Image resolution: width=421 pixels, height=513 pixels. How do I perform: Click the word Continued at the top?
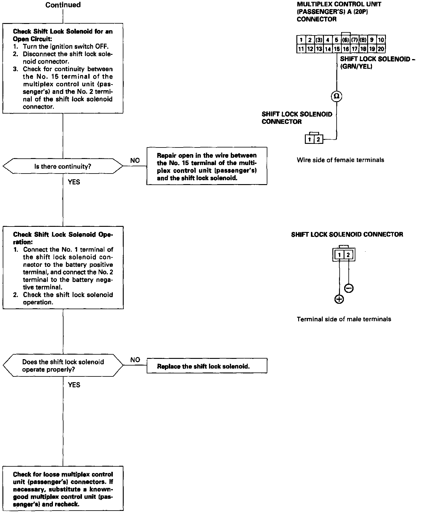tap(63, 5)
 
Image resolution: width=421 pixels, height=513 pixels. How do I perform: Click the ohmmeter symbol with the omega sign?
tap(336, 96)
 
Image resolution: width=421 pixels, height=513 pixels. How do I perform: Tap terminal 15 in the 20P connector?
tap(336, 49)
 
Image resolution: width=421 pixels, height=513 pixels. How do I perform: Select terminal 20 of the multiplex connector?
tap(381, 49)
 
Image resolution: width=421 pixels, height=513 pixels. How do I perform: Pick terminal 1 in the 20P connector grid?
tap(301, 40)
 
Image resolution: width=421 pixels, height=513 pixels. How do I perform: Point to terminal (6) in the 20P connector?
tap(345, 40)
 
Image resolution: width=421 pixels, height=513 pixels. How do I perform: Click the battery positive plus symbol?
tap(339, 299)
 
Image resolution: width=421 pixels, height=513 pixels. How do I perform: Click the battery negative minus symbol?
tap(349, 288)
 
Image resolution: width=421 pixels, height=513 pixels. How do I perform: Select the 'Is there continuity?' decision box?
tap(63, 166)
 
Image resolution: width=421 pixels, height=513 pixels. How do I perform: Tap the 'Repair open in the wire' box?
tap(207, 166)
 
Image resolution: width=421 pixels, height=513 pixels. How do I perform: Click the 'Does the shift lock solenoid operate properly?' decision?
tap(63, 366)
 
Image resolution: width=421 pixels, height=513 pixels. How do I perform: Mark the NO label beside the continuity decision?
tap(135, 161)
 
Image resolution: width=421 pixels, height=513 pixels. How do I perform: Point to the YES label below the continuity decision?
tap(74, 182)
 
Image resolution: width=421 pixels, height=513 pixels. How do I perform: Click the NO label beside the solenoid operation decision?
tap(135, 360)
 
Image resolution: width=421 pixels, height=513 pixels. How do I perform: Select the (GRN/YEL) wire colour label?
tap(356, 67)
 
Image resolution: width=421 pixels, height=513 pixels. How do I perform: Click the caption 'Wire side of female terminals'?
tap(340, 160)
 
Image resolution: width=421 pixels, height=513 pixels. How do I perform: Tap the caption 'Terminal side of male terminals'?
tap(344, 319)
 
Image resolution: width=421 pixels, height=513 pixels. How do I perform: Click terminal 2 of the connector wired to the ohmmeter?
tap(318, 140)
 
